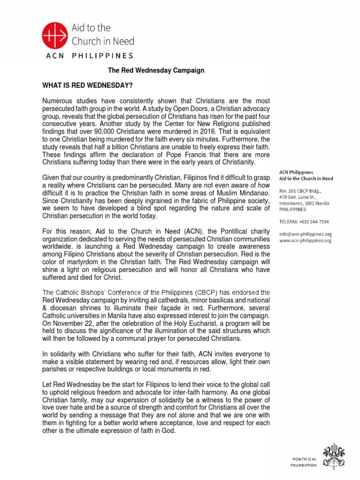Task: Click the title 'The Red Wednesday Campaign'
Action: pos(156,70)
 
